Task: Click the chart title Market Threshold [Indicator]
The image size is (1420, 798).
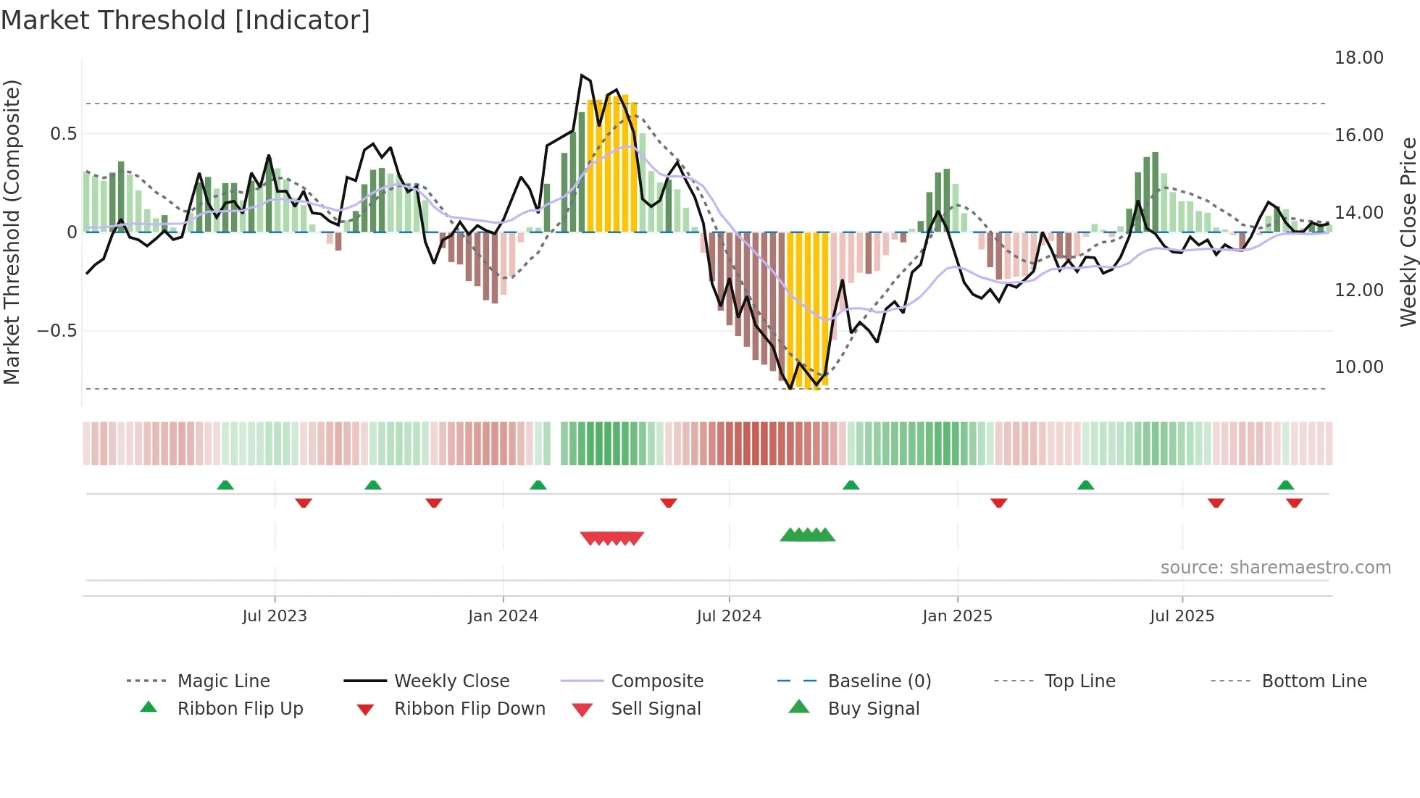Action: click(185, 20)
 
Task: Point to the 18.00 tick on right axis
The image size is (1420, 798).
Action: click(1358, 58)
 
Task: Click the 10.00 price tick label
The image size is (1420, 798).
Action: click(1358, 367)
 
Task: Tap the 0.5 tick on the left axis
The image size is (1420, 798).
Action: click(63, 134)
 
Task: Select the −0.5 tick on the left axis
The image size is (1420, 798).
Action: click(57, 331)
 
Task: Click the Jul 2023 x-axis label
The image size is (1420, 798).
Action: click(275, 616)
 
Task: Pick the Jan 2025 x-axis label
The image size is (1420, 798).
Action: click(957, 616)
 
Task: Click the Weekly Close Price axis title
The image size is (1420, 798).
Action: click(1408, 232)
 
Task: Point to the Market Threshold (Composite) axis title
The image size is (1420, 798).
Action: click(12, 232)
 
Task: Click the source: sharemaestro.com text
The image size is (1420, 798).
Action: click(1275, 568)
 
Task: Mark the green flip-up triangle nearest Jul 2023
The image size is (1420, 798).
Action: click(225, 485)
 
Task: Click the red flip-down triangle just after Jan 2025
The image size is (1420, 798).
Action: click(998, 503)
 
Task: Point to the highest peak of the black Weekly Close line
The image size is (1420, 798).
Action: click(582, 75)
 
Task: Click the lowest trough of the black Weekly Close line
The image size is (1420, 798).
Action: click(790, 389)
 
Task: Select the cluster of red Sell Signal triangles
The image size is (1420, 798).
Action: click(612, 538)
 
